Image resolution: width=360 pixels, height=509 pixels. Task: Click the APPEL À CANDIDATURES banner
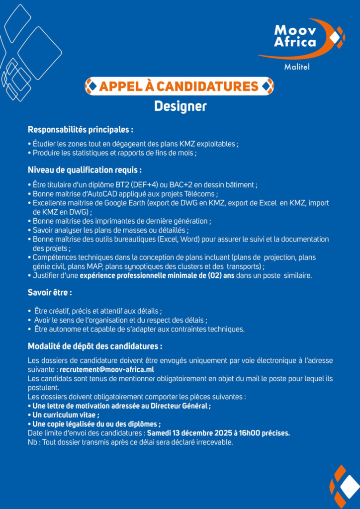179,86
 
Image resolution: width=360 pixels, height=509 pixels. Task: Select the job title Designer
180,106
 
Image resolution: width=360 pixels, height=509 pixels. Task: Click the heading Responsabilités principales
80,130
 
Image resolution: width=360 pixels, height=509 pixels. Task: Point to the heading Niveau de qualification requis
85,170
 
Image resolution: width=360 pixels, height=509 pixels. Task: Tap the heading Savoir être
50,292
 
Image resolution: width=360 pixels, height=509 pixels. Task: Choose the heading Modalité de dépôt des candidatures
94,346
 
